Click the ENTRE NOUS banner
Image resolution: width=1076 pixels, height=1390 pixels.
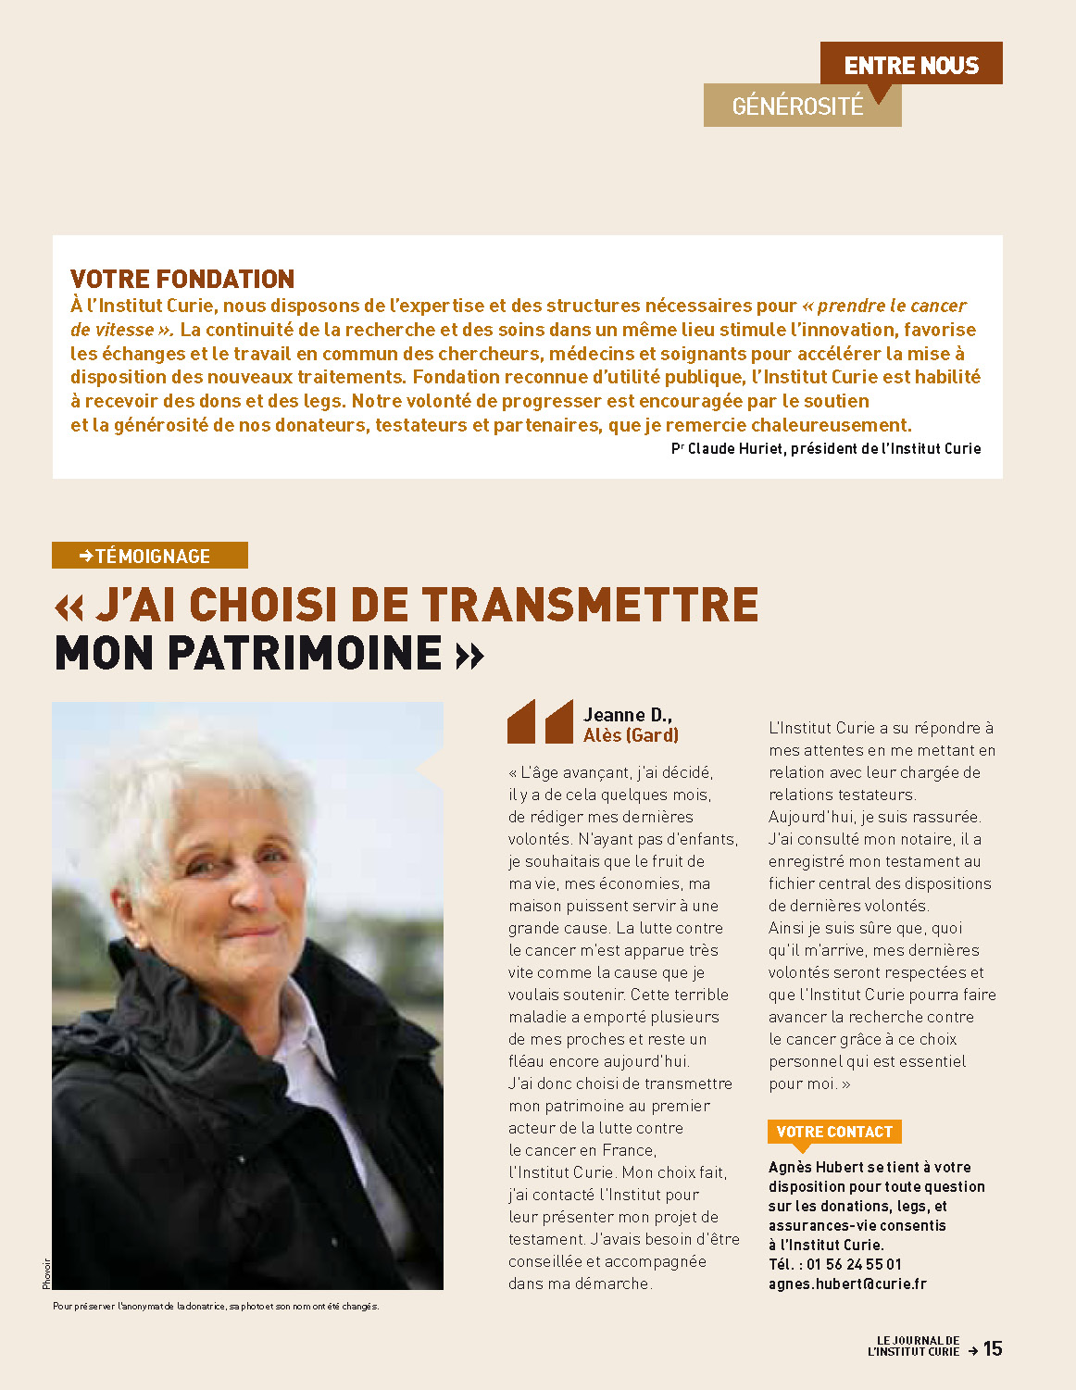pyautogui.click(x=911, y=65)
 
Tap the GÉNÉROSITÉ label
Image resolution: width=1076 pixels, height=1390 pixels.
pyautogui.click(x=797, y=106)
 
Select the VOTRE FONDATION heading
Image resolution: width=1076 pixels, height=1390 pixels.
pyautogui.click(x=182, y=279)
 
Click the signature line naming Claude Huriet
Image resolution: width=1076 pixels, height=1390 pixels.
pyautogui.click(x=825, y=448)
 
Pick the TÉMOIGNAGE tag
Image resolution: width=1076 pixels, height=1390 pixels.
pyautogui.click(x=151, y=556)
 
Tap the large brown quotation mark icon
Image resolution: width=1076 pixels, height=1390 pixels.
pyautogui.click(x=540, y=721)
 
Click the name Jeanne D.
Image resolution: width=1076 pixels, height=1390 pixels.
pyautogui.click(x=627, y=714)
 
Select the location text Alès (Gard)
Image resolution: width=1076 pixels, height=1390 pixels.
pyautogui.click(x=631, y=735)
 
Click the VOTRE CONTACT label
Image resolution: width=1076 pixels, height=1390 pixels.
pyautogui.click(x=833, y=1132)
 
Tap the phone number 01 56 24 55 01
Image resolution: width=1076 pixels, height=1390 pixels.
pyautogui.click(x=854, y=1264)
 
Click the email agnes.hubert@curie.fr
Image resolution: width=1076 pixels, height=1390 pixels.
pyautogui.click(x=846, y=1284)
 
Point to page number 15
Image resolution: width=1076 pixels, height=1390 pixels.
pyautogui.click(x=993, y=1348)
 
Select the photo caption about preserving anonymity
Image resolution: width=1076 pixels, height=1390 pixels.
pyautogui.click(x=216, y=1306)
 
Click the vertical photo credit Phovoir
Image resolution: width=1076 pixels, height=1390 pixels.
pyautogui.click(x=46, y=1272)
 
